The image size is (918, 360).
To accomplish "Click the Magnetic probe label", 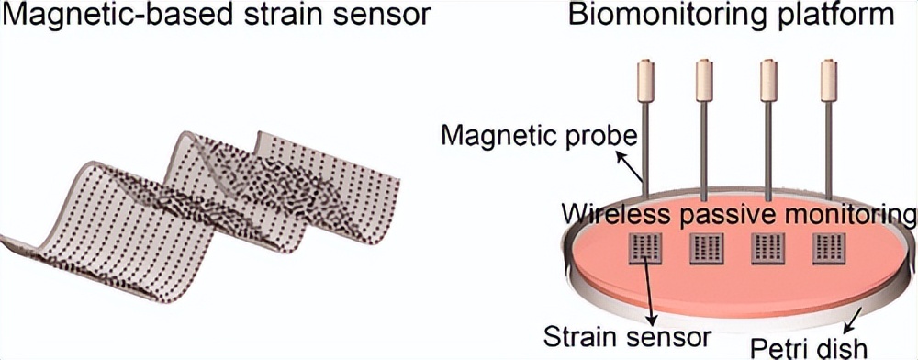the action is click(x=537, y=138).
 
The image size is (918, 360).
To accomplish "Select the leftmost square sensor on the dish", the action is click(x=645, y=250).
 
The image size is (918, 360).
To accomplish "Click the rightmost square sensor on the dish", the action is click(x=829, y=250).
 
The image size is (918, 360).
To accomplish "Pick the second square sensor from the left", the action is click(x=706, y=250).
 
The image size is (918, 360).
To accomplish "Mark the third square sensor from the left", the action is click(x=767, y=250).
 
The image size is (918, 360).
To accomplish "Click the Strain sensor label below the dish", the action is click(x=627, y=338).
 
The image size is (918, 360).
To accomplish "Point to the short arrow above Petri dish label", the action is click(x=855, y=318).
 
